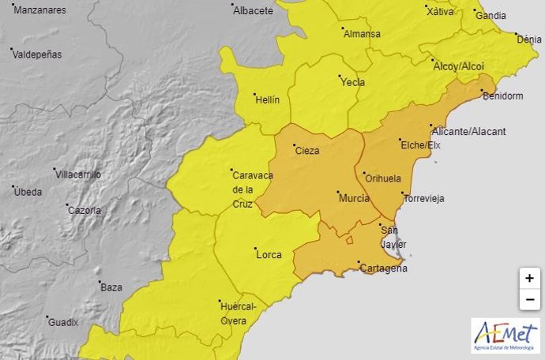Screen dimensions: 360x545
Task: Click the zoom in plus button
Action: (530, 279)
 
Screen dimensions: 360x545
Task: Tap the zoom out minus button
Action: (530, 300)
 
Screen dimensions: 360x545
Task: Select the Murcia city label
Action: (354, 198)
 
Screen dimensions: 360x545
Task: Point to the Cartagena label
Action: (383, 268)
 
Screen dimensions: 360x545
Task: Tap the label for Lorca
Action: (269, 255)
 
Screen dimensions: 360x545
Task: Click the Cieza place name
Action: (307, 150)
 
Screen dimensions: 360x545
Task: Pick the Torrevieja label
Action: (424, 199)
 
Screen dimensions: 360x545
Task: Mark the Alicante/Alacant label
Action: (468, 131)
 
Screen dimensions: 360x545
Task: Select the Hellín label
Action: (266, 99)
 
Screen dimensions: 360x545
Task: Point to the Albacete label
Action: (254, 11)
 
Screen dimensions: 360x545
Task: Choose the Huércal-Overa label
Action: (232, 313)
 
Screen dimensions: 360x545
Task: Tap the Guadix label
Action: (63, 322)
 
